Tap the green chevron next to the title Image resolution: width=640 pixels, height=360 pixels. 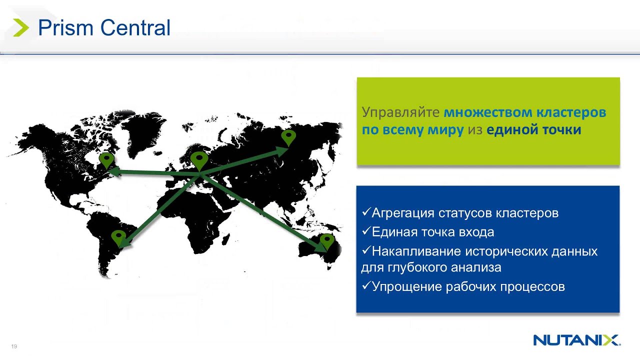click(21, 28)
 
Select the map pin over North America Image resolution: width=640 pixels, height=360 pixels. click(106, 160)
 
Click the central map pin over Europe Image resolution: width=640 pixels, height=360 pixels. click(199, 160)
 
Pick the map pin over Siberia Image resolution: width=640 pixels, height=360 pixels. click(288, 137)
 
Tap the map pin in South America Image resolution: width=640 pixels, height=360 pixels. click(118, 237)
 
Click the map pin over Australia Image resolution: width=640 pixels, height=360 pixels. click(326, 241)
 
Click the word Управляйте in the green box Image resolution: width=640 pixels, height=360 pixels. click(400, 112)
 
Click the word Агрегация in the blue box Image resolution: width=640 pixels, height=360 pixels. click(402, 213)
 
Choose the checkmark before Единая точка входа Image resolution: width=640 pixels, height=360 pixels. click(366, 231)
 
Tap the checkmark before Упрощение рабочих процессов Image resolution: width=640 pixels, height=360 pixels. click(366, 286)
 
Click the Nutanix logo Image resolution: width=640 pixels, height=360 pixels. click(576, 340)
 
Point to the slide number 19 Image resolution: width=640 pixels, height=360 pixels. click(14, 346)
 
